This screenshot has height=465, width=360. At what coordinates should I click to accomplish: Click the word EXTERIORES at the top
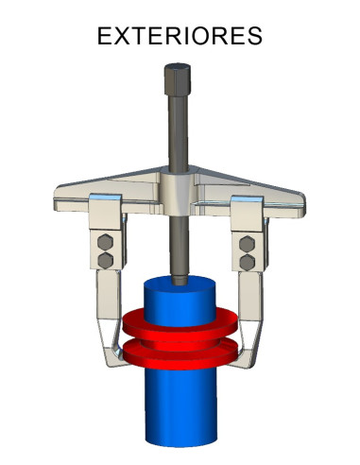180,37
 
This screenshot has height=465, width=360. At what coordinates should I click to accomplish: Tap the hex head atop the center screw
176,74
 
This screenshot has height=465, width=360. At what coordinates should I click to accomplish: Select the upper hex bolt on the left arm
106,242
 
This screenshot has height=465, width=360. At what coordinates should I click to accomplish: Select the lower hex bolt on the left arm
106,259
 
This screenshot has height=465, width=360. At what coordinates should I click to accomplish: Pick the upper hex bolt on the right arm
248,242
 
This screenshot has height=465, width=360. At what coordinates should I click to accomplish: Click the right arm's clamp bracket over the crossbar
248,207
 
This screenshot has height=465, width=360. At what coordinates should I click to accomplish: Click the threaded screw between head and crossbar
176,128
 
